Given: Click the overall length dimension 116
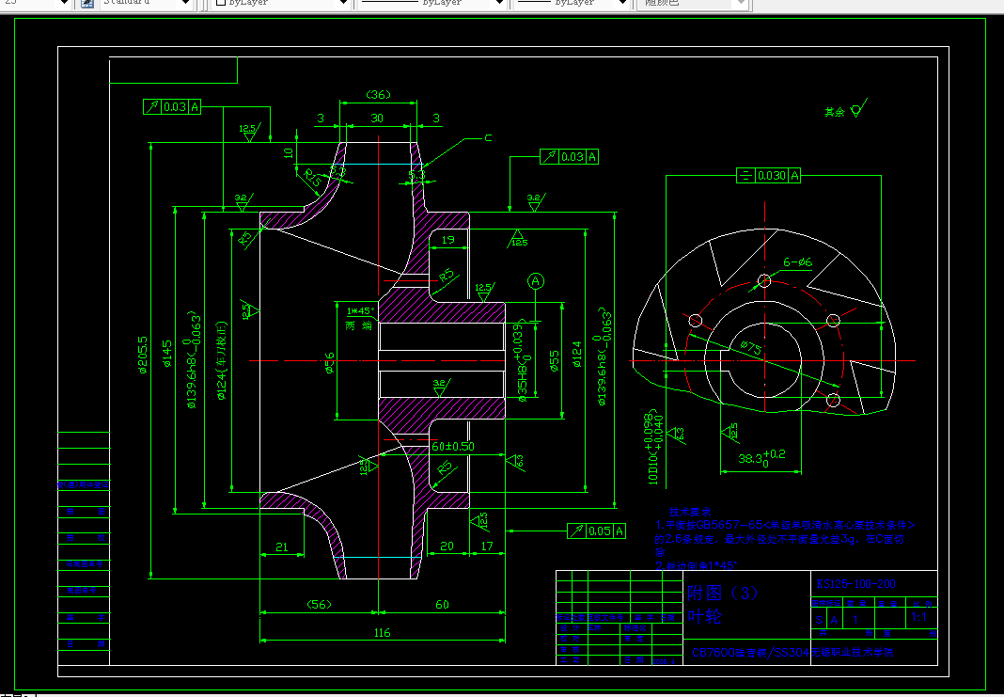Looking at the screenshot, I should tap(382, 633).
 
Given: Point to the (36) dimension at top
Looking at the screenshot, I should tap(377, 95).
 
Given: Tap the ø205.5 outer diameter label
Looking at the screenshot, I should tap(143, 356).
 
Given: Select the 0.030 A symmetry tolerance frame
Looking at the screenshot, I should tap(769, 176).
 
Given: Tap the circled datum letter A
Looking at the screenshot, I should tap(536, 280).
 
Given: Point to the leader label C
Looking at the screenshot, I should tap(488, 138).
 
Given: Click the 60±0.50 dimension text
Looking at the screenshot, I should tap(453, 446).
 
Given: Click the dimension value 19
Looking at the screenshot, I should tap(447, 241).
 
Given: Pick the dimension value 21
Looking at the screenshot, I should tap(281, 547).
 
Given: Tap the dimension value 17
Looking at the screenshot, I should tap(486, 546).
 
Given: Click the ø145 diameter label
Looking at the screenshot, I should tap(168, 357).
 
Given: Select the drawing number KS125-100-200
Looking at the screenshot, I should tap(856, 584).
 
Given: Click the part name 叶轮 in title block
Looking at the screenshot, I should tap(705, 616).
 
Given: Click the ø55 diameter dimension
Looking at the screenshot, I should tap(554, 361).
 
